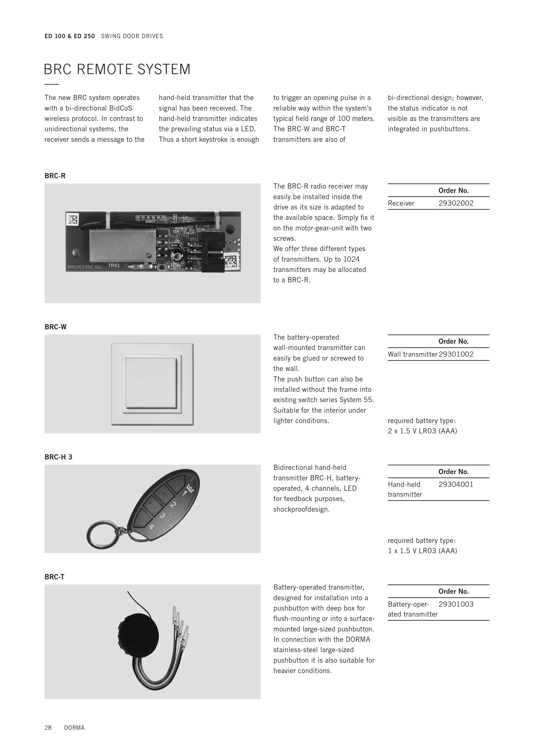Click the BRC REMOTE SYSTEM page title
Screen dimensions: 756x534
point(117,69)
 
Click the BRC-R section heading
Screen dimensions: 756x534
point(55,176)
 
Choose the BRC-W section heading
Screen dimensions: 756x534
point(56,327)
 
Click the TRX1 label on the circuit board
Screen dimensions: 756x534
point(114,265)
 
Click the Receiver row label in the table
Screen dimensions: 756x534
point(401,203)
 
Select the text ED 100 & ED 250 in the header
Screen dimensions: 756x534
point(70,36)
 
